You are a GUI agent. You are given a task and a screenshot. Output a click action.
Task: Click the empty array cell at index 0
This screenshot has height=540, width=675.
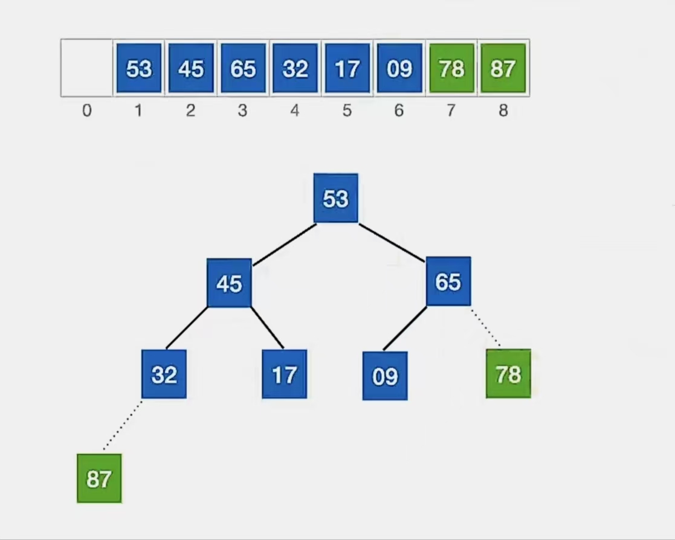point(87,68)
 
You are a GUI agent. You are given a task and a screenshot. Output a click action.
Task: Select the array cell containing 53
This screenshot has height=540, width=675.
point(139,68)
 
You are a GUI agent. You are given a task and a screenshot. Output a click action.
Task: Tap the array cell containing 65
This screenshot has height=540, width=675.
point(243,68)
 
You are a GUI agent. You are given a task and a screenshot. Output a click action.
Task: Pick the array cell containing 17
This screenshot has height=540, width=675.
point(347,68)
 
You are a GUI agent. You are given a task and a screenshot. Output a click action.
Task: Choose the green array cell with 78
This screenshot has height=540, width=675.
point(451,68)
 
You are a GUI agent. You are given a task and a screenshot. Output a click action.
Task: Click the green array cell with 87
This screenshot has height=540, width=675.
point(503,68)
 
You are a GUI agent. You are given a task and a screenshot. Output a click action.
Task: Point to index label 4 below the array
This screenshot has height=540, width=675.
point(295,111)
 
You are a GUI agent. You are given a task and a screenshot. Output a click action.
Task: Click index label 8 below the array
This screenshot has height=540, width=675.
point(503,111)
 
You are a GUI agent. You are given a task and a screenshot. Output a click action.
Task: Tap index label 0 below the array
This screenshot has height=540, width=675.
point(87,111)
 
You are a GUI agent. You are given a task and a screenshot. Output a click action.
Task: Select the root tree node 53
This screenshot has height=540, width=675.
point(335,198)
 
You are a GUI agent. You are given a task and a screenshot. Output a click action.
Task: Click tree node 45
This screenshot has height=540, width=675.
point(229,283)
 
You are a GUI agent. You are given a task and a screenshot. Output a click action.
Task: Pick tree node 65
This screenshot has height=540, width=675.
point(448,281)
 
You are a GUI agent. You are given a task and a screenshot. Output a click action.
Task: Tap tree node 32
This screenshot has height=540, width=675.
point(164,374)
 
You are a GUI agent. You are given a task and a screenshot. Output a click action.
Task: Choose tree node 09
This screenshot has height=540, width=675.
point(385,376)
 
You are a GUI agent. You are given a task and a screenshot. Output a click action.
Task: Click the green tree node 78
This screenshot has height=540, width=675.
point(508,374)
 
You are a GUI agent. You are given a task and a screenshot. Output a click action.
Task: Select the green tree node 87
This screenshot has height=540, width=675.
point(99,478)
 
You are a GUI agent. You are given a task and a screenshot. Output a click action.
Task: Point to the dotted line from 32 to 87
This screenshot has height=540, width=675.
point(123,426)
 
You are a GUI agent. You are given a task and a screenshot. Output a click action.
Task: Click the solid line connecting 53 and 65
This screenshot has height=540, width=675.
point(392,243)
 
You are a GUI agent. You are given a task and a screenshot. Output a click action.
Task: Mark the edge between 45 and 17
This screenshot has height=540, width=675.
point(267,328)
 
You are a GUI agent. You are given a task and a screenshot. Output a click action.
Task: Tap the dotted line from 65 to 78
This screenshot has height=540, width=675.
point(485,327)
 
